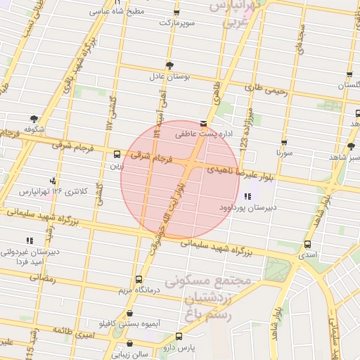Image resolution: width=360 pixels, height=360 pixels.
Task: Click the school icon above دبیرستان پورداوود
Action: (246, 197)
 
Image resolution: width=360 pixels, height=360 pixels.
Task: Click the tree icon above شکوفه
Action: (34, 119)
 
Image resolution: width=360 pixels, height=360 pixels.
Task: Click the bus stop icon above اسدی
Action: (307, 245)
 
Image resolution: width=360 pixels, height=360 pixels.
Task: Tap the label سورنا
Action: (283, 151)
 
